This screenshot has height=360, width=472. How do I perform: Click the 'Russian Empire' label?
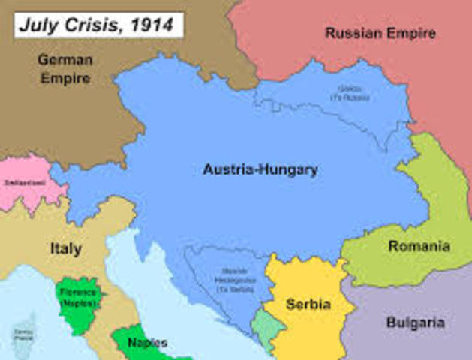(x=380, y=33)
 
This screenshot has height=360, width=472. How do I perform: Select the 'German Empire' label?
(x=65, y=67)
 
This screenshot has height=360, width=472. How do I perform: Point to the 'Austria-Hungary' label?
(x=260, y=170)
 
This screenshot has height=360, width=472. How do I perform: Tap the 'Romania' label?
(x=419, y=246)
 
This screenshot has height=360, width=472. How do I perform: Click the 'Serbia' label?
(x=308, y=304)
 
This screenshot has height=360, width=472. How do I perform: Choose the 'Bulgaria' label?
(x=415, y=323)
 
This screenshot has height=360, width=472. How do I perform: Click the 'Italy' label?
(x=66, y=248)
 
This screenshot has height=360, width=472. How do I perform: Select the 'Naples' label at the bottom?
(x=147, y=343)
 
